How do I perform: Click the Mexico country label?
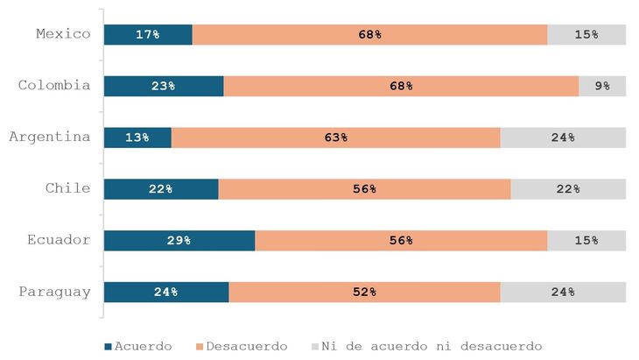click(x=63, y=34)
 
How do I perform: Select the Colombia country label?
click(x=54, y=85)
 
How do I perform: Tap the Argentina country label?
click(x=50, y=137)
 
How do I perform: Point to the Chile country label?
click(x=67, y=188)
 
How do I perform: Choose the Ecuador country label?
click(x=59, y=240)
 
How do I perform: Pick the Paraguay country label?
click(x=54, y=292)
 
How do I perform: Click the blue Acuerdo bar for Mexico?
click(x=148, y=34)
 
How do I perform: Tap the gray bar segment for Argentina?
click(x=563, y=138)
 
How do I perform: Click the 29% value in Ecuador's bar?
click(x=179, y=241)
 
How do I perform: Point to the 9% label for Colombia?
click(x=602, y=86)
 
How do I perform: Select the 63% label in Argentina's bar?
click(x=335, y=138)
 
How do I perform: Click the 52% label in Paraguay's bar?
click(x=364, y=293)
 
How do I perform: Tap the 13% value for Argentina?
click(x=137, y=138)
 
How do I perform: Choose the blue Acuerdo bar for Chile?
click(x=161, y=189)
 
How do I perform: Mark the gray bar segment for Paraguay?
click(x=563, y=293)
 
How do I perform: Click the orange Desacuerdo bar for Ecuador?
click(x=401, y=241)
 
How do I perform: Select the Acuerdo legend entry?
click(x=137, y=346)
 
